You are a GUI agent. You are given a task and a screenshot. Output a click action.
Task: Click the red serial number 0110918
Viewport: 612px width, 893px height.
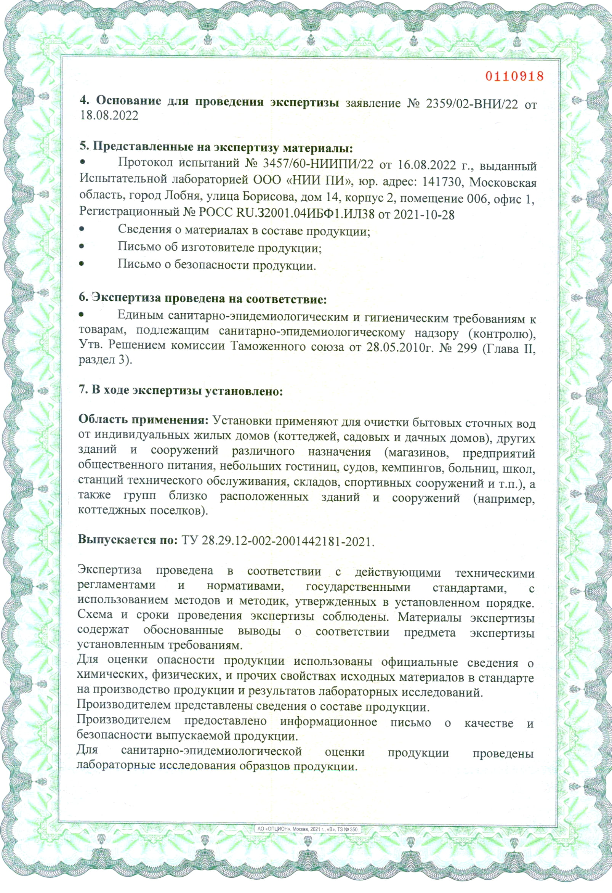(514, 76)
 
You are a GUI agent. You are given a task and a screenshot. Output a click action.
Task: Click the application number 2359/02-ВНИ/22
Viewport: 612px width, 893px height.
(472, 104)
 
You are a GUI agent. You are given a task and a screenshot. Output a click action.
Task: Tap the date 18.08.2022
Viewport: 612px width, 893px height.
(109, 115)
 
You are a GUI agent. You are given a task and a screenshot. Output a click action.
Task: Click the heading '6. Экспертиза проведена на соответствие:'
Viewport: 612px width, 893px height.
(202, 298)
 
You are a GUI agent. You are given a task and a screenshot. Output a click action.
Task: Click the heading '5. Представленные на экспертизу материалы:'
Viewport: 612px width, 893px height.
(216, 147)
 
